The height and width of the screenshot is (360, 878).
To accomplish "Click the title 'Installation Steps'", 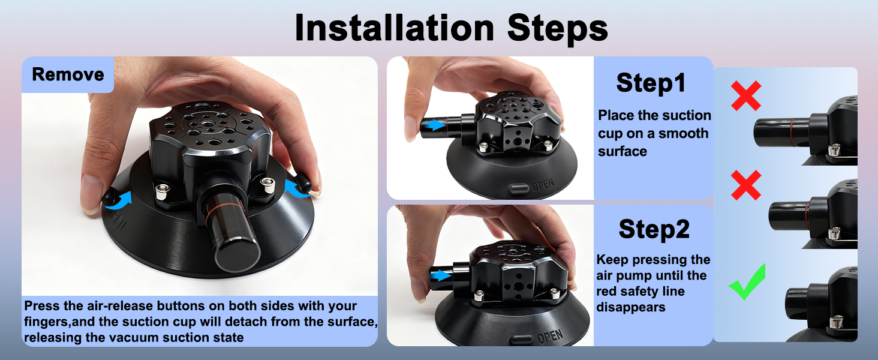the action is pyautogui.click(x=451, y=28).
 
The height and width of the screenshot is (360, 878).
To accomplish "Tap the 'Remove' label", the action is pyautogui.click(x=68, y=74).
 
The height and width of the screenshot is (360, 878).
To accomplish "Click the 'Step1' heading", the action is pyautogui.click(x=651, y=83).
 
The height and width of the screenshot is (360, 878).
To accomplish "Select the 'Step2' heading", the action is pyautogui.click(x=654, y=229).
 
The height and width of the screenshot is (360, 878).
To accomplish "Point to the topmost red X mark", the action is pyautogui.click(x=746, y=95).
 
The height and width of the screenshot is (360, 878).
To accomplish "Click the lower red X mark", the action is pyautogui.click(x=746, y=185).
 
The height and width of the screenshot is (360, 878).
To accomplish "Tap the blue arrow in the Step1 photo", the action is pyautogui.click(x=435, y=125).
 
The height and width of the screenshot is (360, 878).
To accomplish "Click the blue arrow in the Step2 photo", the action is pyautogui.click(x=441, y=275).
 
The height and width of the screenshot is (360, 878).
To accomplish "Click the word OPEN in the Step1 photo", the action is pyautogui.click(x=543, y=185).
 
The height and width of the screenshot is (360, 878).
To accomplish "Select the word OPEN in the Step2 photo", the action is pyautogui.click(x=551, y=336).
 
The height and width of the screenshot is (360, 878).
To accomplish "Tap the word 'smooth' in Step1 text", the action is pyautogui.click(x=683, y=133).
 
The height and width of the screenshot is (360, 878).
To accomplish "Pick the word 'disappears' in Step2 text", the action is pyautogui.click(x=631, y=307).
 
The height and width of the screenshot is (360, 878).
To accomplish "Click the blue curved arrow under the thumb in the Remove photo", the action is pyautogui.click(x=119, y=200).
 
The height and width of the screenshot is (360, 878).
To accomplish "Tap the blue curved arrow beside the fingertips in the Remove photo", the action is pyautogui.click(x=296, y=188).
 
